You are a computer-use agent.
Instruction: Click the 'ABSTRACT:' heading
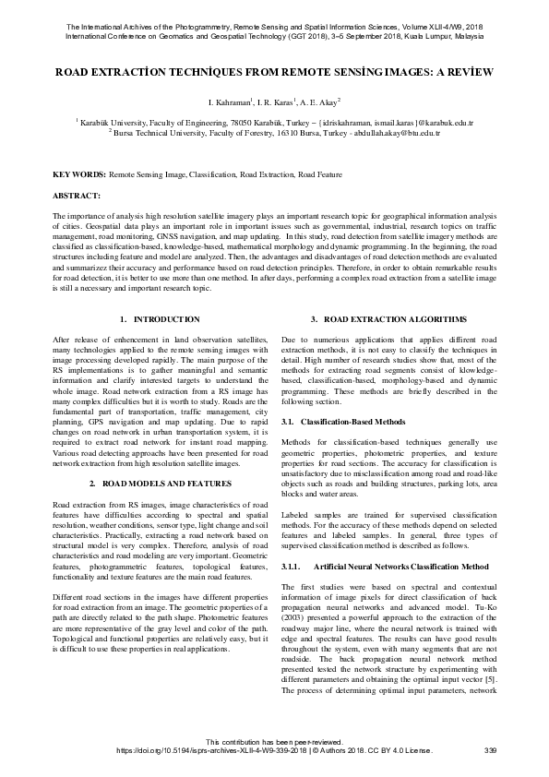(77, 196)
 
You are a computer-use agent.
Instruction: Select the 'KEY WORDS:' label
(79, 173)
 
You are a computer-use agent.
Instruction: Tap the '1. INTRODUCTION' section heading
(160, 319)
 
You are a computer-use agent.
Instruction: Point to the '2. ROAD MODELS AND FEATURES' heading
(160, 483)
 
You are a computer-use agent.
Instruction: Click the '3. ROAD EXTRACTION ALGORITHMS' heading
(388, 319)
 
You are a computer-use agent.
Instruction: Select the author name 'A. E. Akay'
(319, 101)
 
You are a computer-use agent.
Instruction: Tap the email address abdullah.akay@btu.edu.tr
(391, 133)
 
